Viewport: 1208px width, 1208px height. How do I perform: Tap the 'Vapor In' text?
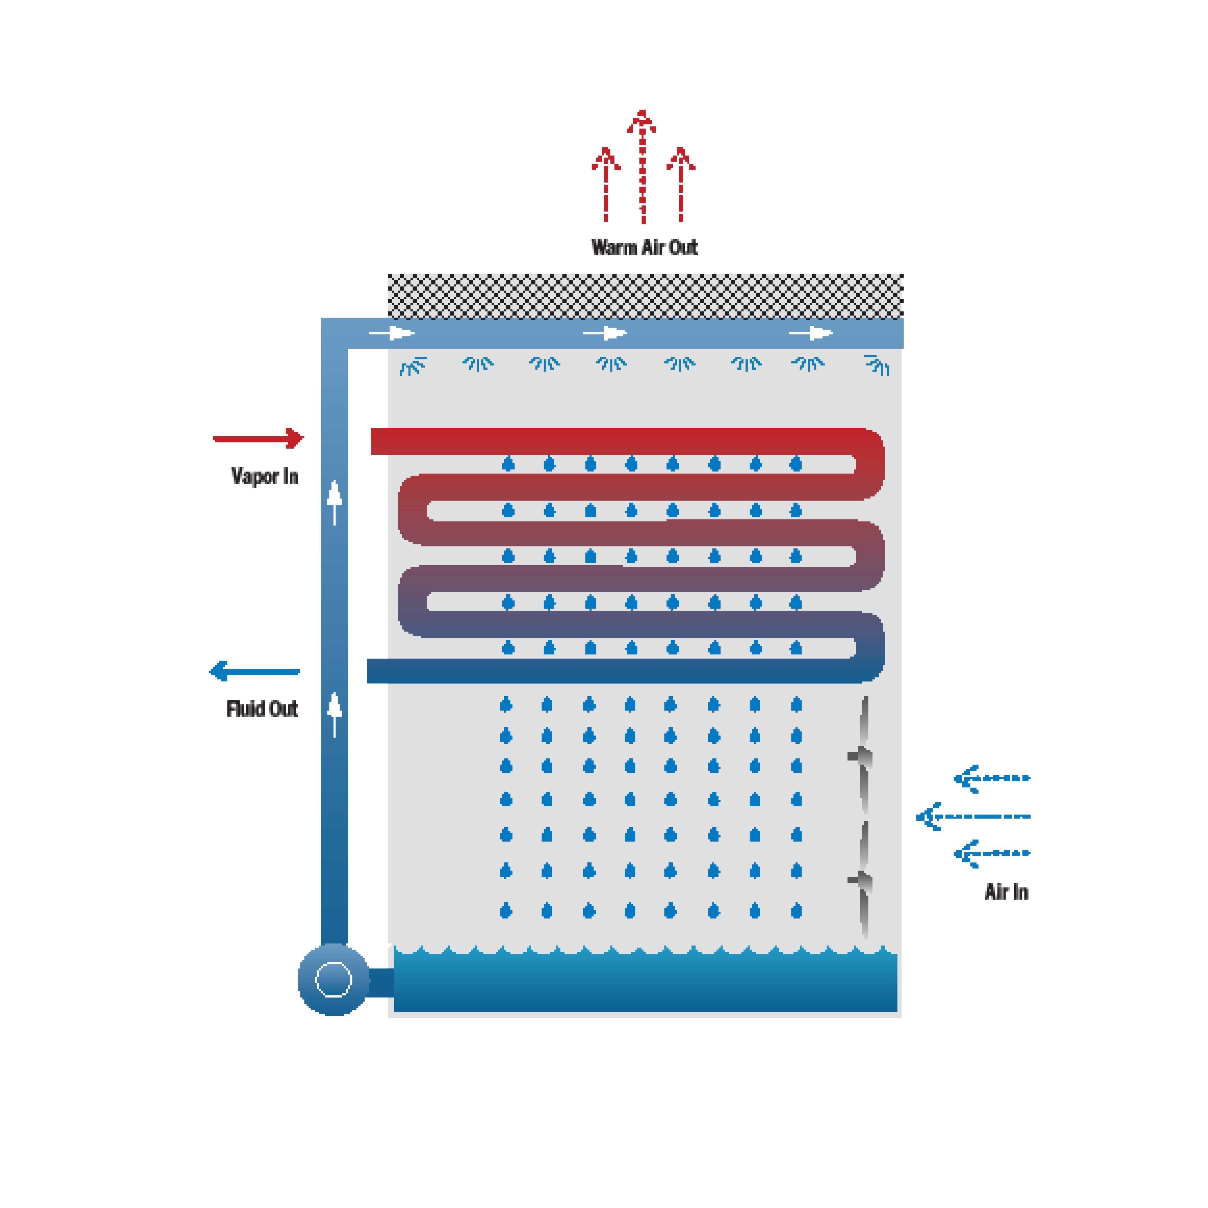pos(264,476)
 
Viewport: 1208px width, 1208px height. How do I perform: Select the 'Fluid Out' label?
pos(262,709)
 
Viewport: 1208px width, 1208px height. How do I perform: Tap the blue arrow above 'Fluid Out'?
pos(254,672)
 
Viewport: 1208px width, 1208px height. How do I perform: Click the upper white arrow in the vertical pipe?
pos(334,501)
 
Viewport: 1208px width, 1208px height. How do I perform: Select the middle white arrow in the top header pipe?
pos(605,333)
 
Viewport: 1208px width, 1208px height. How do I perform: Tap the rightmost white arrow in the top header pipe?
pos(811,333)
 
